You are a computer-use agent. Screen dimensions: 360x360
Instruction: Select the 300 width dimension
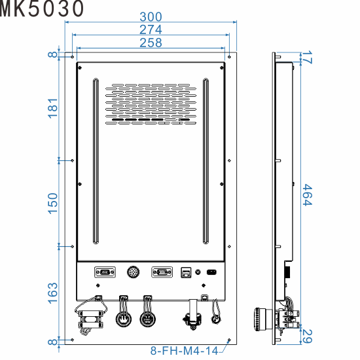tap(151, 16)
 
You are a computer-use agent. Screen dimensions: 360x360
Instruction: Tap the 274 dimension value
tap(151, 29)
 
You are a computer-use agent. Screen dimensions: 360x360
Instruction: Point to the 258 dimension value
tap(151, 43)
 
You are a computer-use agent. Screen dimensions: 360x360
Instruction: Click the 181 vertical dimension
tap(53, 108)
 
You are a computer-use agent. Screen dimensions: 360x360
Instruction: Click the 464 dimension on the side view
tap(306, 195)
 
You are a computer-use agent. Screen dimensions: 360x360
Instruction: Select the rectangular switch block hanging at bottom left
tap(90, 321)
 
